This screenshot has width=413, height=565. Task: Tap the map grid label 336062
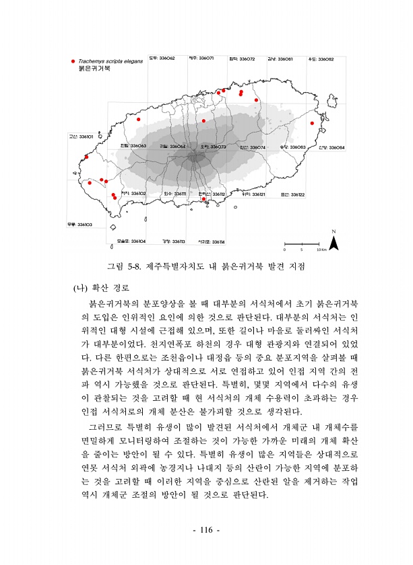[162, 59]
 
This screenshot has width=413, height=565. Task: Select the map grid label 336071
[201, 59]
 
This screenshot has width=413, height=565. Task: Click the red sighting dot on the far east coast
[312, 123]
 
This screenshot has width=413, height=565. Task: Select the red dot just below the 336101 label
[86, 157]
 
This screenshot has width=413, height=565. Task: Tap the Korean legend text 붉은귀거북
[94, 69]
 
